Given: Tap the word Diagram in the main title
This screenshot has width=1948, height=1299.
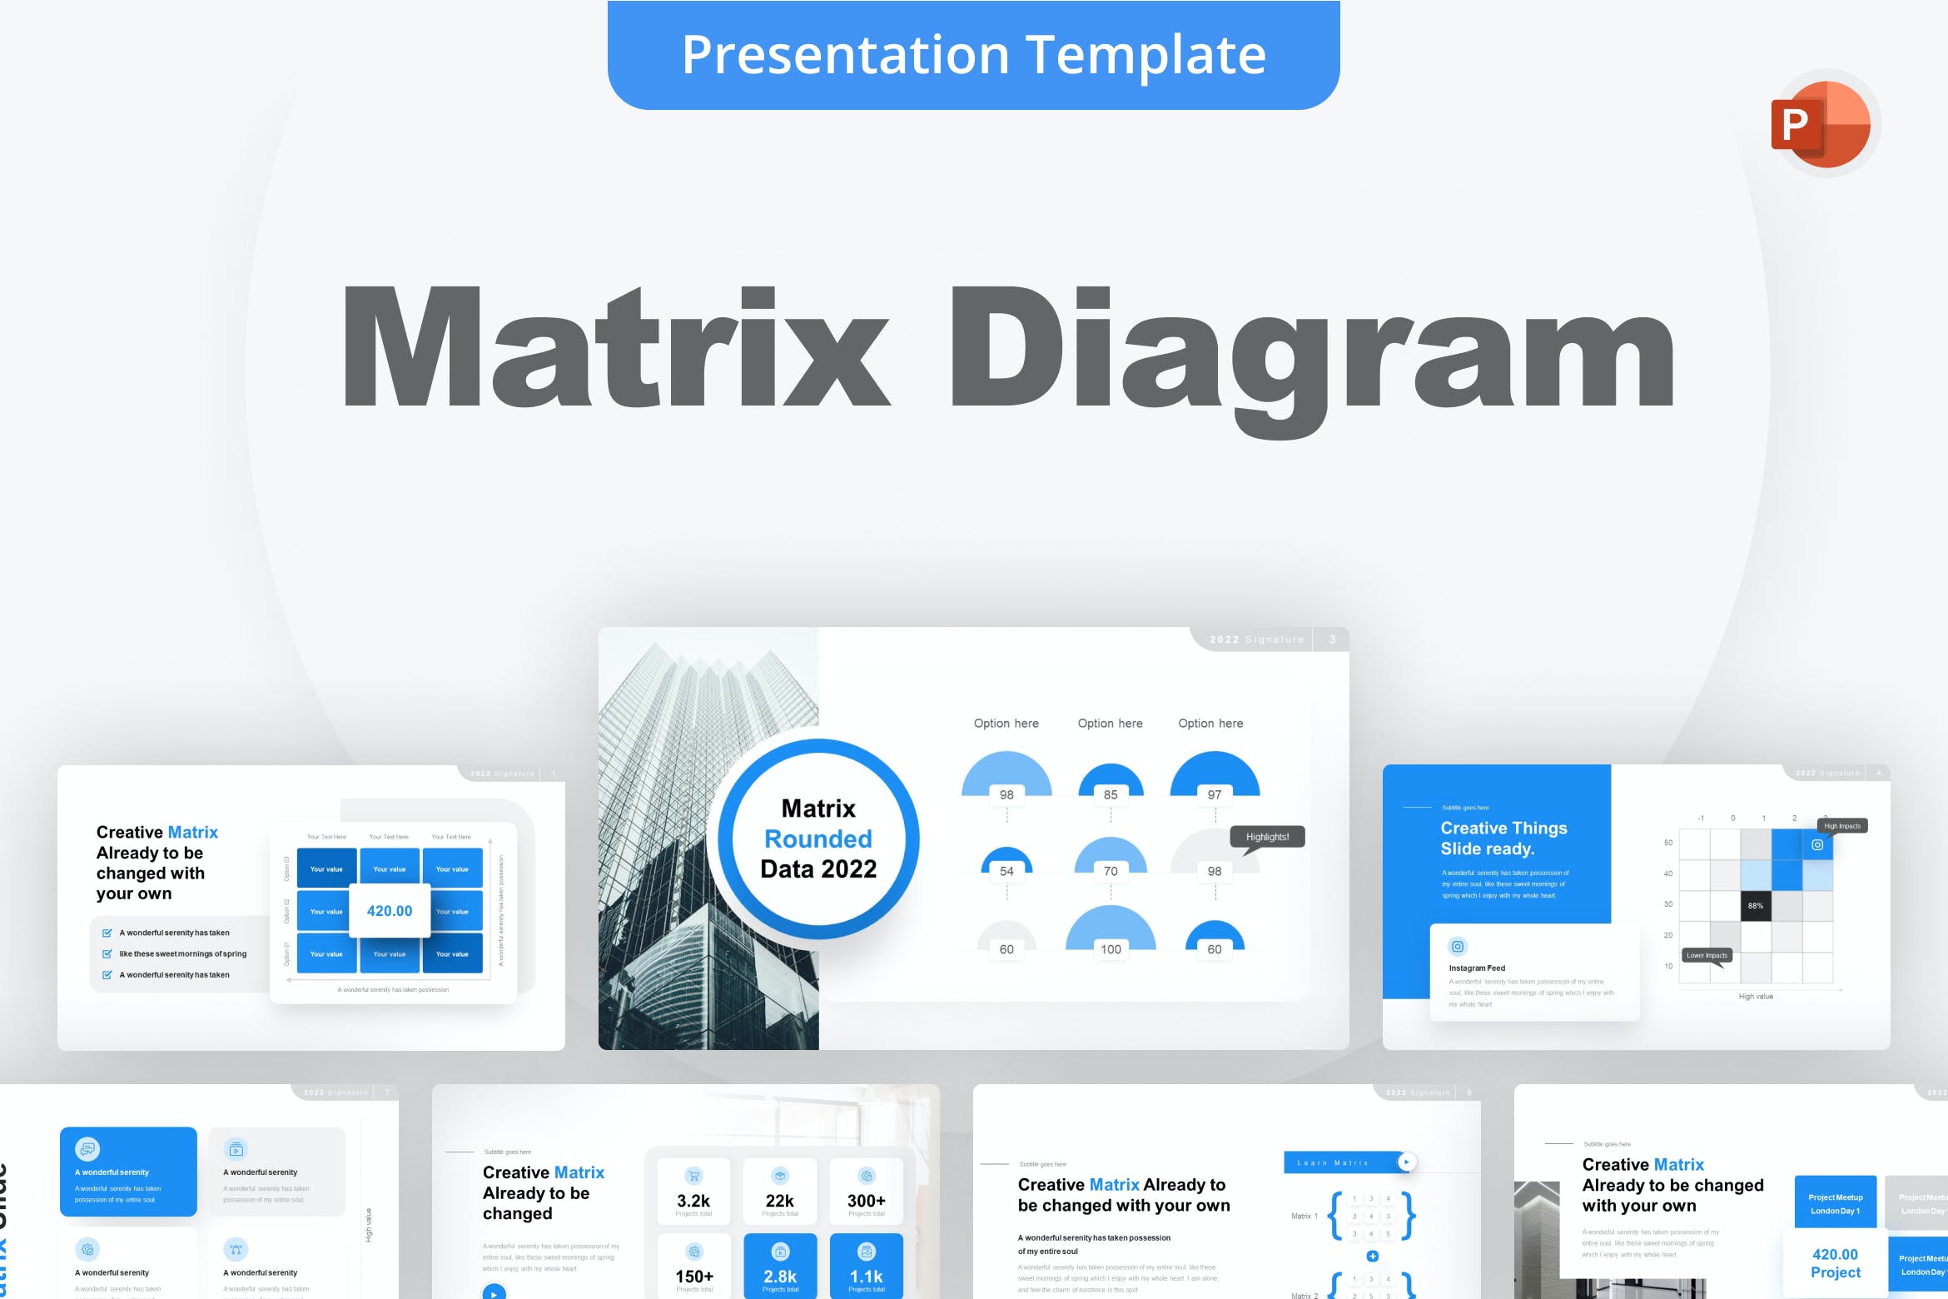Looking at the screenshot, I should [1311, 350].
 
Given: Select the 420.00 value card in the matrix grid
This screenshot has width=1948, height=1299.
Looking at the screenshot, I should [390, 911].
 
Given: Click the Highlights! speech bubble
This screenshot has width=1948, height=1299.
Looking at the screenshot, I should [1267, 837].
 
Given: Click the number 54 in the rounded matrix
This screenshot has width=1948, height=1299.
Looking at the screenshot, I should [1006, 871].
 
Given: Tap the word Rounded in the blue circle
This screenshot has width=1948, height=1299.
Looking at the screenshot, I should [818, 839].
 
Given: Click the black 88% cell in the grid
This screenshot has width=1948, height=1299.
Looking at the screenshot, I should [1756, 905].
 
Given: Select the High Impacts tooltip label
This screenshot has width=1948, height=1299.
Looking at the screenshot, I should [1842, 826].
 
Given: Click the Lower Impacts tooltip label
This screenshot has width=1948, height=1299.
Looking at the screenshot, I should [1707, 955].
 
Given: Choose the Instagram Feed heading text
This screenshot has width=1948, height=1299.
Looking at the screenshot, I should [1477, 968].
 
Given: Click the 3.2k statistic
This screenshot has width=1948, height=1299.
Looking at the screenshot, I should [693, 1201].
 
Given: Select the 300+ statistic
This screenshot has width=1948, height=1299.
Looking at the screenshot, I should [866, 1201].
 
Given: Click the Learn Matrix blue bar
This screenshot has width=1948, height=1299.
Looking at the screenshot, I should [1340, 1162].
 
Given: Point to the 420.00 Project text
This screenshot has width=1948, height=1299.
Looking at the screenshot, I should [1835, 1263].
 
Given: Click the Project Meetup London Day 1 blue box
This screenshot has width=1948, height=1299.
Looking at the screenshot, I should [1835, 1203].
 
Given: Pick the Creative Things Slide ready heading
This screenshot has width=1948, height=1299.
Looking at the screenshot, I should [1503, 839].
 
